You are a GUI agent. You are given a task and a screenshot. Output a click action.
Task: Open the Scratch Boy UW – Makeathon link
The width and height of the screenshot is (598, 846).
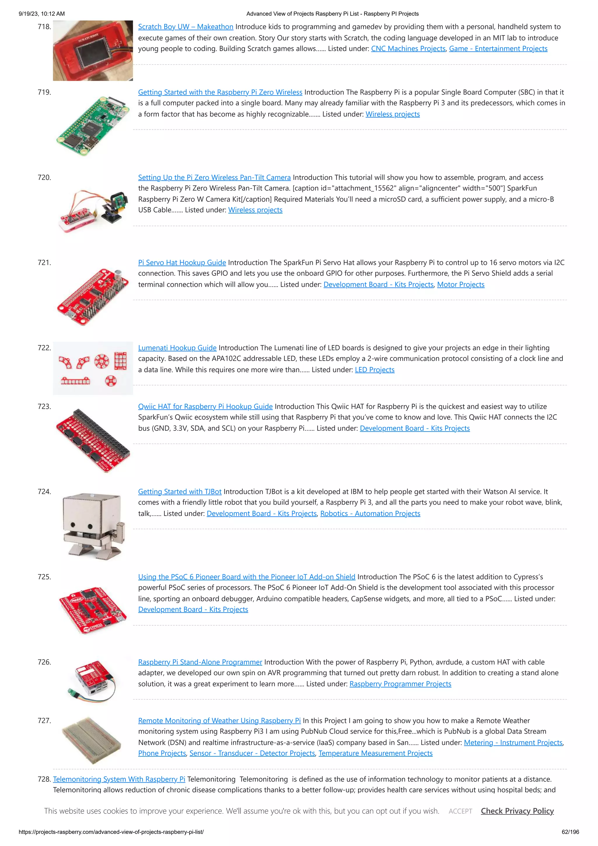[x=185, y=27]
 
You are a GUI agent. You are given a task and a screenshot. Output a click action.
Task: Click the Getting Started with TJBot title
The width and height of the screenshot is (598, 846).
[x=180, y=491]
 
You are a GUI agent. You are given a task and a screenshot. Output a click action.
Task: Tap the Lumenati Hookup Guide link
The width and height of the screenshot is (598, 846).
[x=177, y=348]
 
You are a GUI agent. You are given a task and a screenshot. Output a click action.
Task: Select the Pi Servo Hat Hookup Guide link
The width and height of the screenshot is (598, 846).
[x=182, y=263]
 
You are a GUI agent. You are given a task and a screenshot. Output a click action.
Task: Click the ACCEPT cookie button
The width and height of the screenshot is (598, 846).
[x=460, y=811]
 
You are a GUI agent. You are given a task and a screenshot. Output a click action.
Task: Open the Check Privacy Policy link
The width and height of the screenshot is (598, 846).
[x=517, y=811]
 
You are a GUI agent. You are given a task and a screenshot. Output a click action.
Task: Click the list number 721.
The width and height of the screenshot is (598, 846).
[x=44, y=263]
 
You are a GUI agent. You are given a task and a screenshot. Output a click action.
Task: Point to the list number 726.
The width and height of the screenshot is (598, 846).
[x=44, y=662]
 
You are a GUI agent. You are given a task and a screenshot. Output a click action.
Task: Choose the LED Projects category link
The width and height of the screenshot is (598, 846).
[x=374, y=370]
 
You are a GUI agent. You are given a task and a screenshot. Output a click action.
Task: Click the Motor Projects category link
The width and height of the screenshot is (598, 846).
[x=460, y=284]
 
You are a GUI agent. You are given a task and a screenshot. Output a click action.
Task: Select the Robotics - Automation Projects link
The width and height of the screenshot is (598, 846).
[x=370, y=513]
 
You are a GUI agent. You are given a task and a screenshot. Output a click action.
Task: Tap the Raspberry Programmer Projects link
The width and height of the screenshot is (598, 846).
[x=400, y=684]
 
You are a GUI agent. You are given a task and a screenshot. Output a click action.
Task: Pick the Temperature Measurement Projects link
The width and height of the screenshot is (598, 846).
[x=375, y=753]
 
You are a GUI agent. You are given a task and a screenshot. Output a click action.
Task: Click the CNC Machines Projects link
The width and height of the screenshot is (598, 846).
[x=408, y=49]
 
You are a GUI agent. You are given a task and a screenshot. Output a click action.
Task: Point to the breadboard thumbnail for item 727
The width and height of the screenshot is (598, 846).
[x=92, y=740]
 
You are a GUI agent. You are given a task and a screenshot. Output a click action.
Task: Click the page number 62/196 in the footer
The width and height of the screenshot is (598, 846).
[x=570, y=832]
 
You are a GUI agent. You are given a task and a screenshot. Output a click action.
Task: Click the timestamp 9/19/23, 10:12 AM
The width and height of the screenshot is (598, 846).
[x=42, y=14]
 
